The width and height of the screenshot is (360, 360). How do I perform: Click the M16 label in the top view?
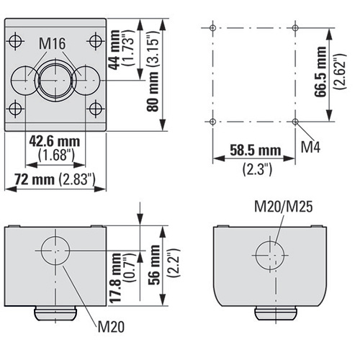(x=53, y=44)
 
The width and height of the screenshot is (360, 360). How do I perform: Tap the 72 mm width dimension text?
(x=35, y=179)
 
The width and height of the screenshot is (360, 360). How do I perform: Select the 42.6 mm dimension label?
(x=55, y=142)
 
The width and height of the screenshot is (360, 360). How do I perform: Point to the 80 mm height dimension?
(x=153, y=91)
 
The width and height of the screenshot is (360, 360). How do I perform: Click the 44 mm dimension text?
(x=114, y=50)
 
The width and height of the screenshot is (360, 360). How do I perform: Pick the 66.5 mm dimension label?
(x=320, y=71)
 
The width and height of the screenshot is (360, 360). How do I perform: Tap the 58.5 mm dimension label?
(x=256, y=150)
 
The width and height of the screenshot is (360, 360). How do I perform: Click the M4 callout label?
(x=310, y=147)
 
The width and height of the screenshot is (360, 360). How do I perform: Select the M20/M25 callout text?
(x=284, y=207)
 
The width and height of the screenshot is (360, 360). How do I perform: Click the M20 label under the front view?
(x=111, y=327)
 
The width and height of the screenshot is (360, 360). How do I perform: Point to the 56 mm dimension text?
(x=154, y=265)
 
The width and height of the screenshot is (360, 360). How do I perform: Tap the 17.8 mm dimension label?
(x=117, y=277)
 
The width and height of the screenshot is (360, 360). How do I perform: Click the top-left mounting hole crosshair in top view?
(x=16, y=41)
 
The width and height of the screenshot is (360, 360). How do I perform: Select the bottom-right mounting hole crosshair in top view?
(x=96, y=109)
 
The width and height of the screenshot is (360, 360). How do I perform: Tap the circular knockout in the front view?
(x=55, y=251)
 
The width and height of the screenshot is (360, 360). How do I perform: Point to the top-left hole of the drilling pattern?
(x=212, y=28)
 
